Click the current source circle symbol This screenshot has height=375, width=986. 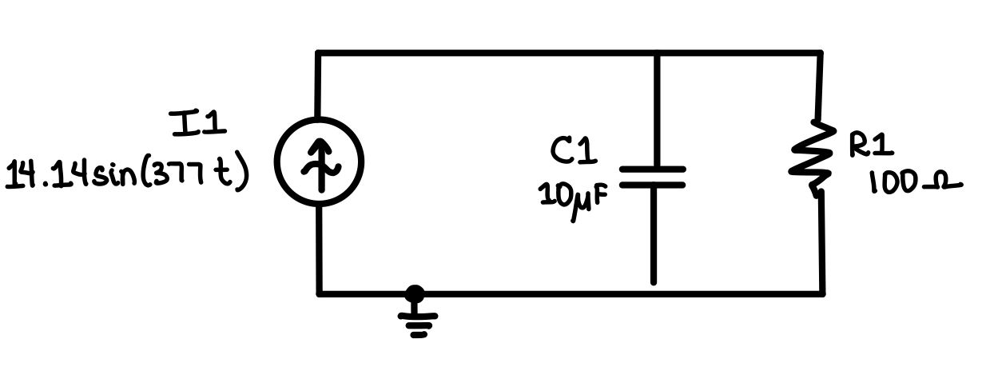[319, 162]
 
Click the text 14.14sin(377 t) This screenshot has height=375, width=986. [126, 174]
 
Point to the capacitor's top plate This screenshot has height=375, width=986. [653, 170]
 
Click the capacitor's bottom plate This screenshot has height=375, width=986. [653, 185]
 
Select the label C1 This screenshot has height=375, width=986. [573, 150]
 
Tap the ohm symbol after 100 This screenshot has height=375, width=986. [942, 186]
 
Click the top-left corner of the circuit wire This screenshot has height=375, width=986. [319, 54]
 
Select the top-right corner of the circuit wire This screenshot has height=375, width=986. [821, 54]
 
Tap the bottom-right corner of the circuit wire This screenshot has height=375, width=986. [821, 293]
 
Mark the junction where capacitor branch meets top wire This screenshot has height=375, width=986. [656, 54]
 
